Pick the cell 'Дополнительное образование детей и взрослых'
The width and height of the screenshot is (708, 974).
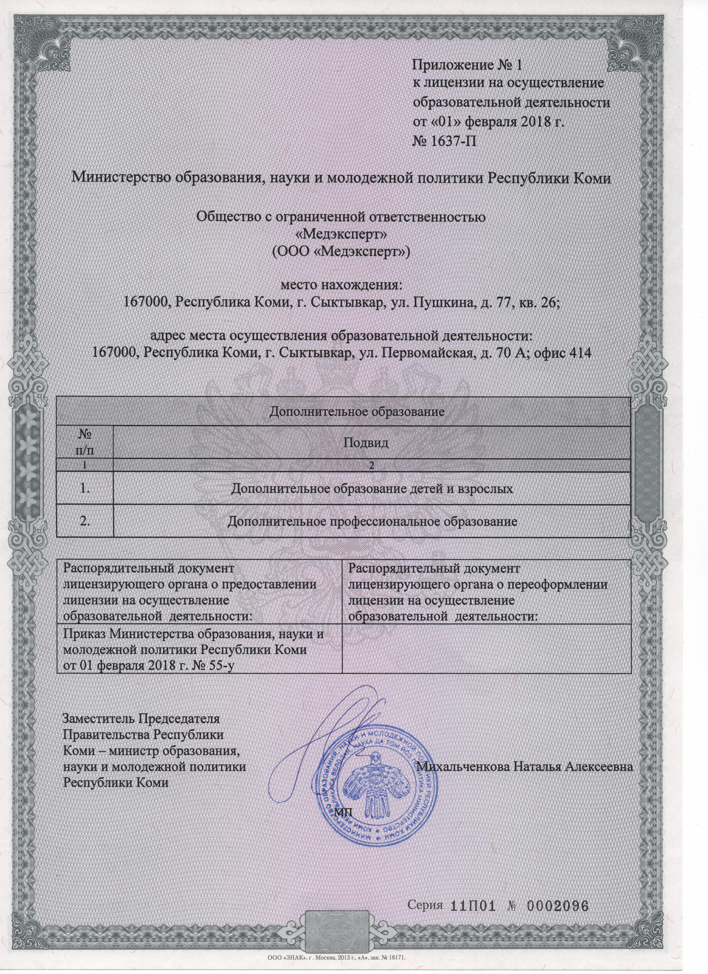372,489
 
